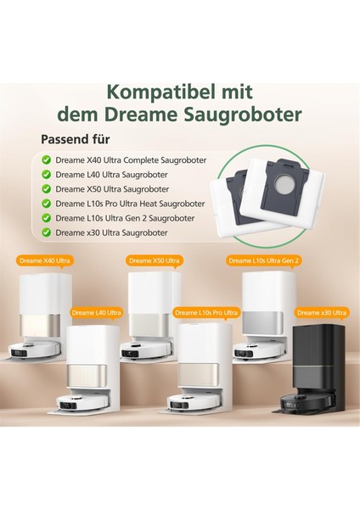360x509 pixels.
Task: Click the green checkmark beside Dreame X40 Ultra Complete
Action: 46,159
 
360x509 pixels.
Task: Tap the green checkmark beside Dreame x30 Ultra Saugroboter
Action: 46,232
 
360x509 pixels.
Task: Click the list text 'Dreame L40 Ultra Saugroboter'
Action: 110,174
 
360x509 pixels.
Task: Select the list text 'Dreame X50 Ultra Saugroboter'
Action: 110,188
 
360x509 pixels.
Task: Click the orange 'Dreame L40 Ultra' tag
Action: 97,313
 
